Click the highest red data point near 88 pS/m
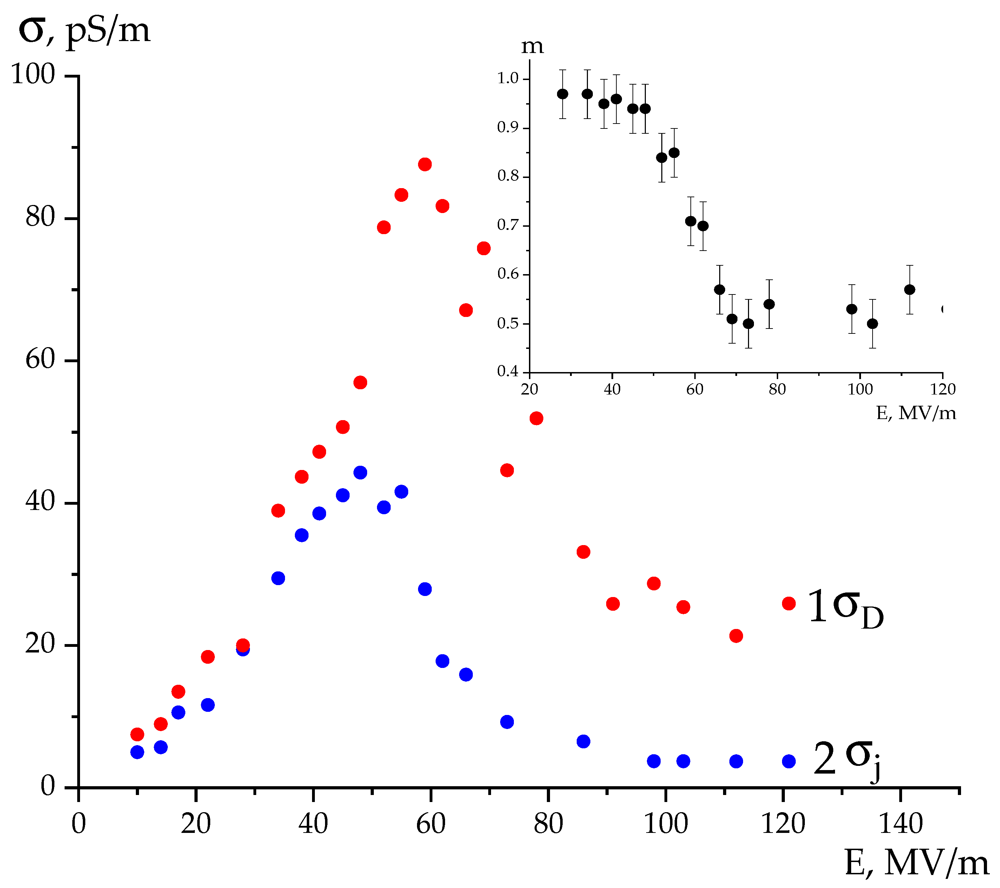click(x=425, y=164)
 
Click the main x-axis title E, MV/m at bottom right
click(x=916, y=863)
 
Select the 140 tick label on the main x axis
click(x=901, y=824)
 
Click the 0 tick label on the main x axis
click(x=78, y=824)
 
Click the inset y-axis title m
click(x=532, y=46)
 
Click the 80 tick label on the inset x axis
click(x=777, y=390)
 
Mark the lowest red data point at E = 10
click(x=137, y=734)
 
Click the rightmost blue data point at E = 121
click(x=789, y=761)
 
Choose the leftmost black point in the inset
click(x=563, y=94)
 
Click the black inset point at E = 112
click(x=909, y=290)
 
